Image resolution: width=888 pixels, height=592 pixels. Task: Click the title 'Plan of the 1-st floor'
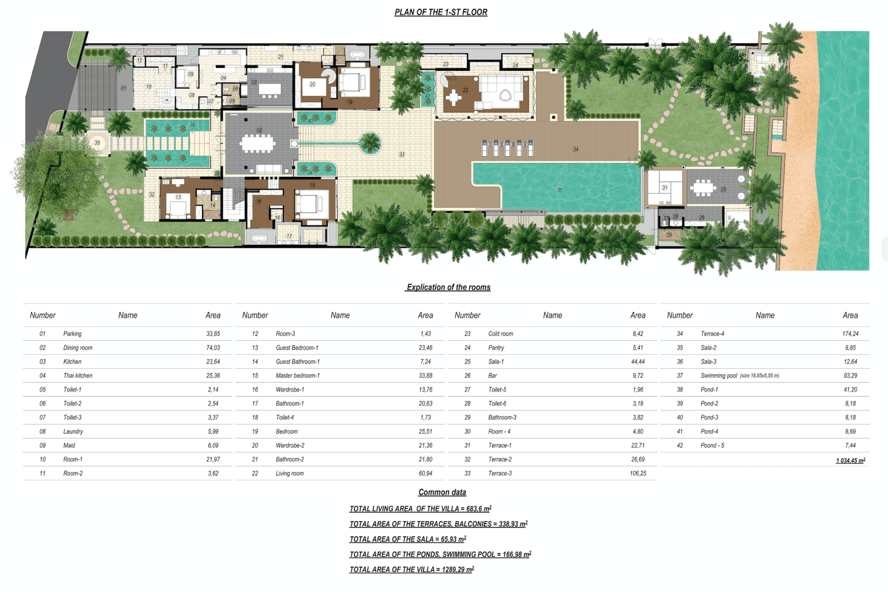pos(441,12)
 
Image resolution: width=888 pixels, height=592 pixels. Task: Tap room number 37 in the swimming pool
pos(560,190)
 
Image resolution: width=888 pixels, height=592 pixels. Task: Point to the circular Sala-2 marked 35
pos(97,143)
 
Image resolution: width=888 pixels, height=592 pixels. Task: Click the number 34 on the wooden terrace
pos(575,149)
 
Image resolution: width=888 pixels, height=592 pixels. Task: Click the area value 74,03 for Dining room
pos(213,348)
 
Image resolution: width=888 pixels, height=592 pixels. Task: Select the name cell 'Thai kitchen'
pos(78,376)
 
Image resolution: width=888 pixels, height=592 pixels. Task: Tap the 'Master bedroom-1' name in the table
pos(297,376)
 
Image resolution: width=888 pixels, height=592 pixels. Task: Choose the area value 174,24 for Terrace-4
pos(850,333)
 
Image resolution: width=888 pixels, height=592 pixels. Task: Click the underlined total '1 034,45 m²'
pos(851,461)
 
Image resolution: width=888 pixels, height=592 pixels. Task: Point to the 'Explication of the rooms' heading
pos(448,287)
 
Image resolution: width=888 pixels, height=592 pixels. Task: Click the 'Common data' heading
pos(442,492)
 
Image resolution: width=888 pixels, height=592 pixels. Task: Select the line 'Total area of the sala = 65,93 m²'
pos(407,539)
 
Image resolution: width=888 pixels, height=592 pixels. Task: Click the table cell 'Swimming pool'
pos(719,376)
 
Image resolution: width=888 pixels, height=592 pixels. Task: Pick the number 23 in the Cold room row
pos(467,333)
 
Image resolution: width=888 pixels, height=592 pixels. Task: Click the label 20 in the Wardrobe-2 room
pos(313,84)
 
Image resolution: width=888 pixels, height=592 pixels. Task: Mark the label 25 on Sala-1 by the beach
pos(723,189)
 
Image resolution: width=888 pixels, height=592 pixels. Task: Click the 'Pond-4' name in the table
pos(709,432)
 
